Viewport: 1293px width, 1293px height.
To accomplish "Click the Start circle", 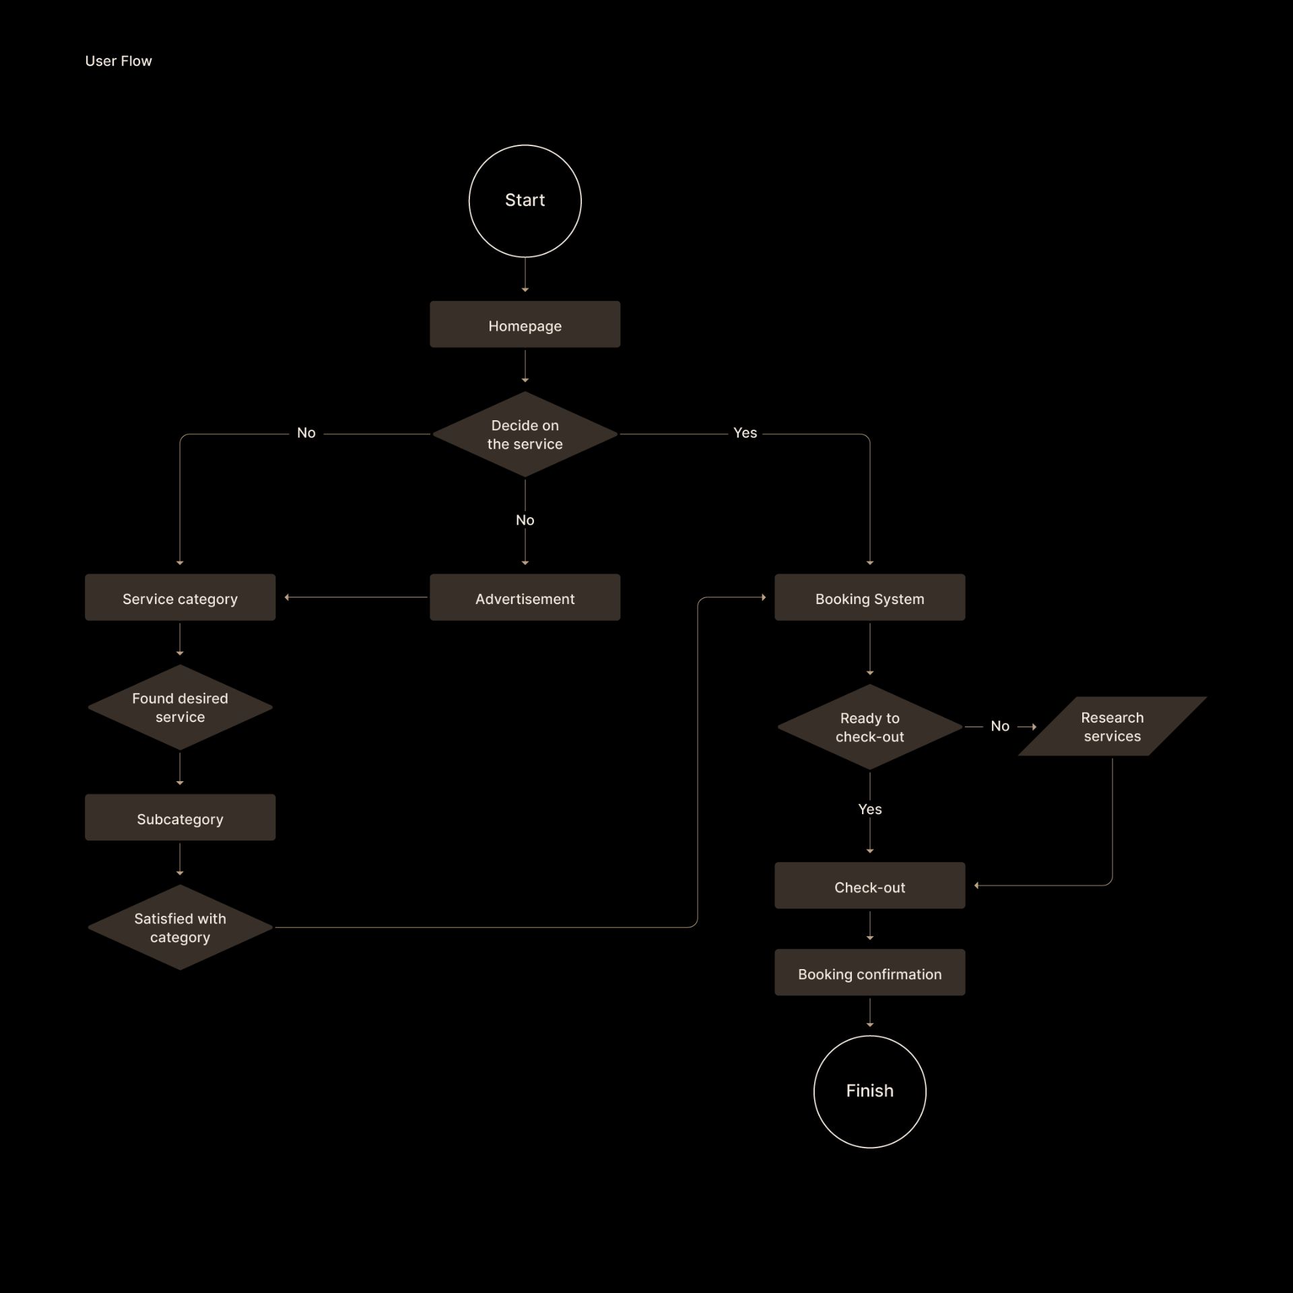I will [x=525, y=201].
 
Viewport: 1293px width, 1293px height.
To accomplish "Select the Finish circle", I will [x=869, y=1091].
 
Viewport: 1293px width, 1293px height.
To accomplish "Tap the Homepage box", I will [x=525, y=325].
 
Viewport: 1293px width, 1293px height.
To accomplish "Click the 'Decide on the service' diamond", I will [x=525, y=434].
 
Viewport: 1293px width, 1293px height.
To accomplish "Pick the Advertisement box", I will [x=525, y=597].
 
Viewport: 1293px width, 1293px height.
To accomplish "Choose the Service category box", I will [x=180, y=597].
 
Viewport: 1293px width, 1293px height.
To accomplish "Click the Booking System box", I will [x=869, y=597].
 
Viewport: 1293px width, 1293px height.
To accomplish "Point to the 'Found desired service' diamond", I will [x=180, y=707].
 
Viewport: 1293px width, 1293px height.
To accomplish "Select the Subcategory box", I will [x=180, y=818].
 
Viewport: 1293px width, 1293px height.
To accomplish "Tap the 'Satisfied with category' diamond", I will [x=180, y=927].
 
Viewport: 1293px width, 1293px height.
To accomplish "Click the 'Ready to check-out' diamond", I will [x=869, y=727].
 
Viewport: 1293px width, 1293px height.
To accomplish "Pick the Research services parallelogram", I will [x=1112, y=726].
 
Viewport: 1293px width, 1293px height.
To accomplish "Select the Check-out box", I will [x=869, y=886].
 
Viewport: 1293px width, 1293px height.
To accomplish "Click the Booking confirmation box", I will [x=869, y=972].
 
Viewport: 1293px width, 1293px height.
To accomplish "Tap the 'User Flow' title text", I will [x=119, y=61].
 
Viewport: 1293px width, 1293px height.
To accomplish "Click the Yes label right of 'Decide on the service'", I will [x=745, y=433].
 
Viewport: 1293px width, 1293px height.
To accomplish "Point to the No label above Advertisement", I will [x=525, y=520].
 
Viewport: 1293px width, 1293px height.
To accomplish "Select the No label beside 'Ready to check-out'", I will [x=999, y=726].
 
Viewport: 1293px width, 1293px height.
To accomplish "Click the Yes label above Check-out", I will [x=869, y=809].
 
